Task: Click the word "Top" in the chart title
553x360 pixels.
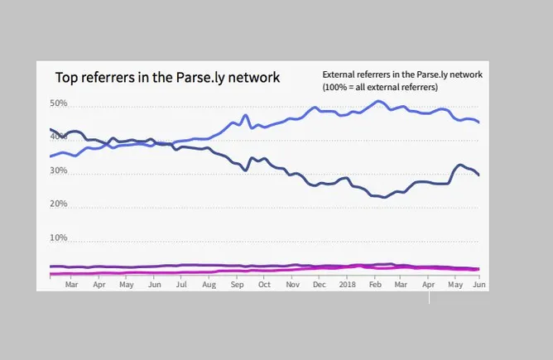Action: pos(67,78)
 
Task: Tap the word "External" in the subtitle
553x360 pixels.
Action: pos(341,74)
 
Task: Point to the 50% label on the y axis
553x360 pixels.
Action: pos(58,104)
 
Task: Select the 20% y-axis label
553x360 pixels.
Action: pos(58,204)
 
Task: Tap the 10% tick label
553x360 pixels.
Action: pos(58,238)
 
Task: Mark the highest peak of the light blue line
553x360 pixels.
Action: pos(378,101)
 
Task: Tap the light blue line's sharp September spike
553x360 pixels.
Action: pos(246,115)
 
